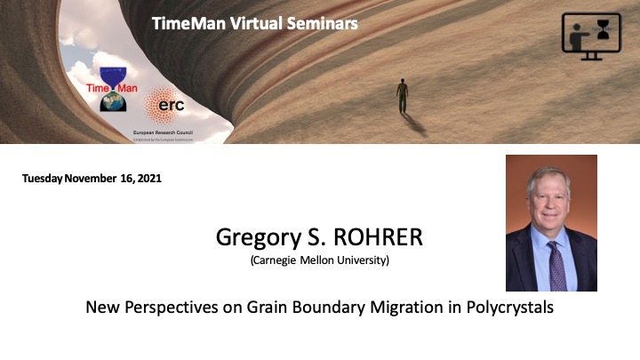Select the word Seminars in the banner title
pyautogui.click(x=326, y=24)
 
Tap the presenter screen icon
pyautogui.click(x=591, y=36)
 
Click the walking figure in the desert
pyautogui.click(x=403, y=95)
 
